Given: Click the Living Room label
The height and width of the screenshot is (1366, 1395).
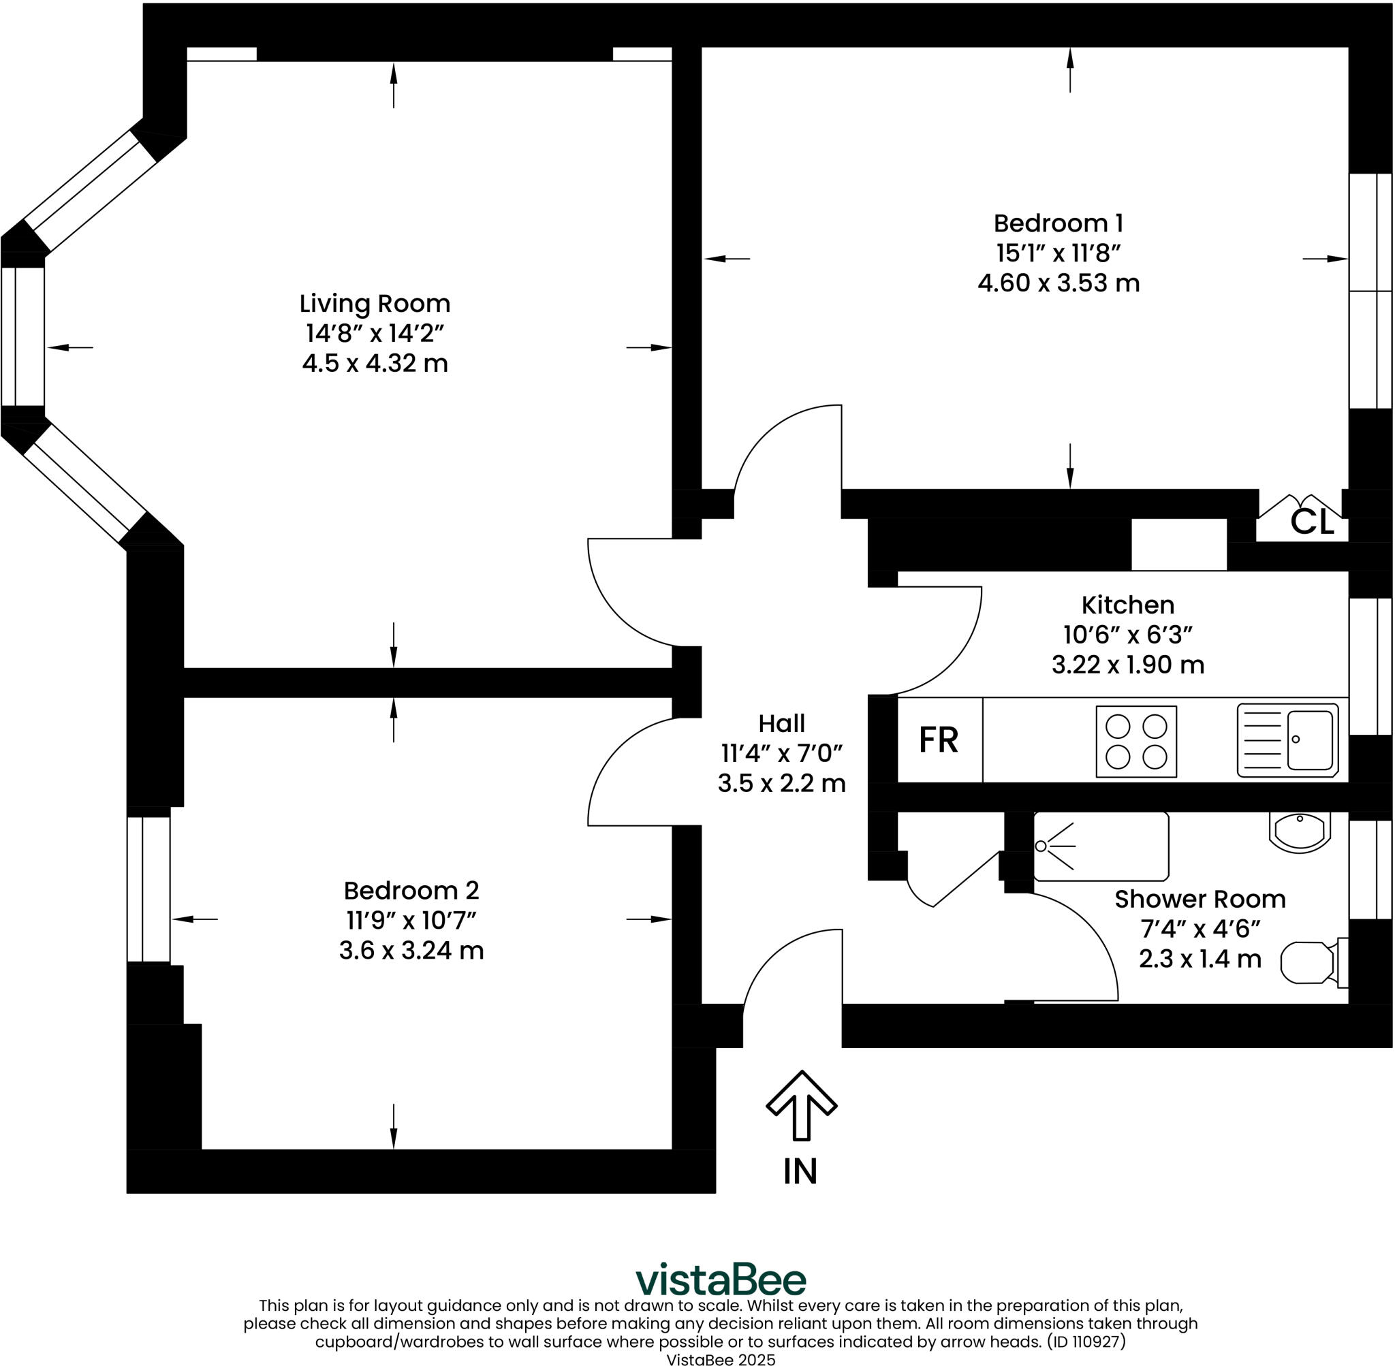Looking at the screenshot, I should click(375, 304).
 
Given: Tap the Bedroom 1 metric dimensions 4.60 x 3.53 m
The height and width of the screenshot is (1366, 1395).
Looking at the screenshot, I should click(1058, 283).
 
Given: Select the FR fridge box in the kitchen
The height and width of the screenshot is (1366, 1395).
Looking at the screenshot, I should click(939, 740).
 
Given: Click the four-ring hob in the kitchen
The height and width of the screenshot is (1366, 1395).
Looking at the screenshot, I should click(1136, 741).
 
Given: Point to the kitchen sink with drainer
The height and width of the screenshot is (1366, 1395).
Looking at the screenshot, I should click(1287, 740).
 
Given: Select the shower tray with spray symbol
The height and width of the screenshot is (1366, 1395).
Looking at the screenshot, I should click(1100, 846).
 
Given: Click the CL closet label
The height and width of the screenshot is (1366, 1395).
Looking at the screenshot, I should click(1312, 522).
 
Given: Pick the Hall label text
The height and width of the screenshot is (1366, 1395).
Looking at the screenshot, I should click(781, 723).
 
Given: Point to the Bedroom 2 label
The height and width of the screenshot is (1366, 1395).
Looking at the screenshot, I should click(411, 890).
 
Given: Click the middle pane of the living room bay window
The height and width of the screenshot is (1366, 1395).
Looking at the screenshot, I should click(23, 336).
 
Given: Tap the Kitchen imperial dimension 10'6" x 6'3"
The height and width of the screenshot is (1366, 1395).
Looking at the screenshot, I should click(1127, 635).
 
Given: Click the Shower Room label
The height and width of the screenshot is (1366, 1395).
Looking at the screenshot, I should click(1200, 899).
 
